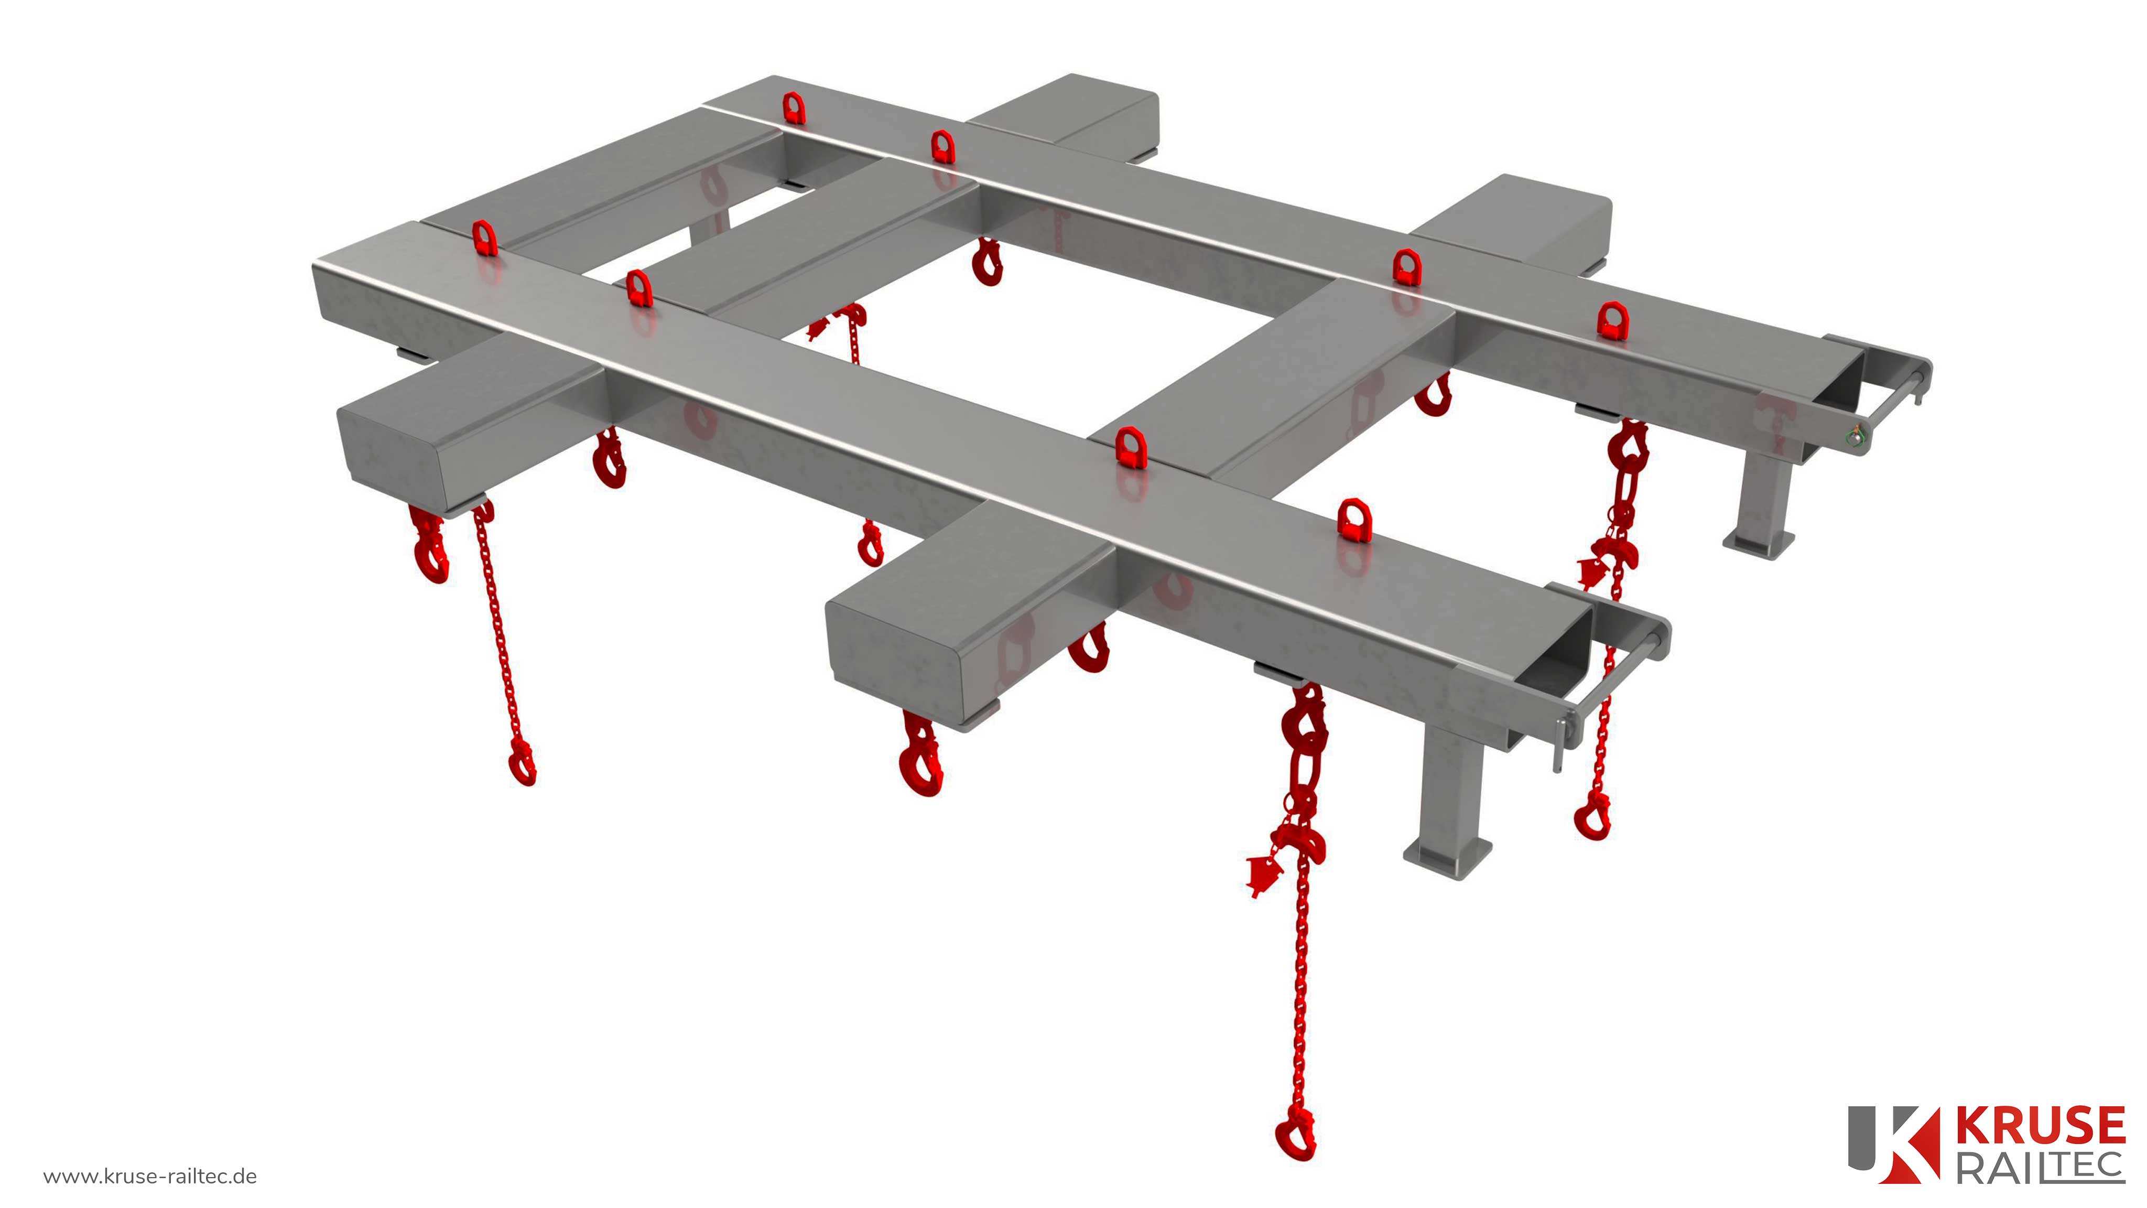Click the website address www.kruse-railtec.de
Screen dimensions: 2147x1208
tap(150, 1177)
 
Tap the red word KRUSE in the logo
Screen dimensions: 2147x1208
tap(2040, 1126)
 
